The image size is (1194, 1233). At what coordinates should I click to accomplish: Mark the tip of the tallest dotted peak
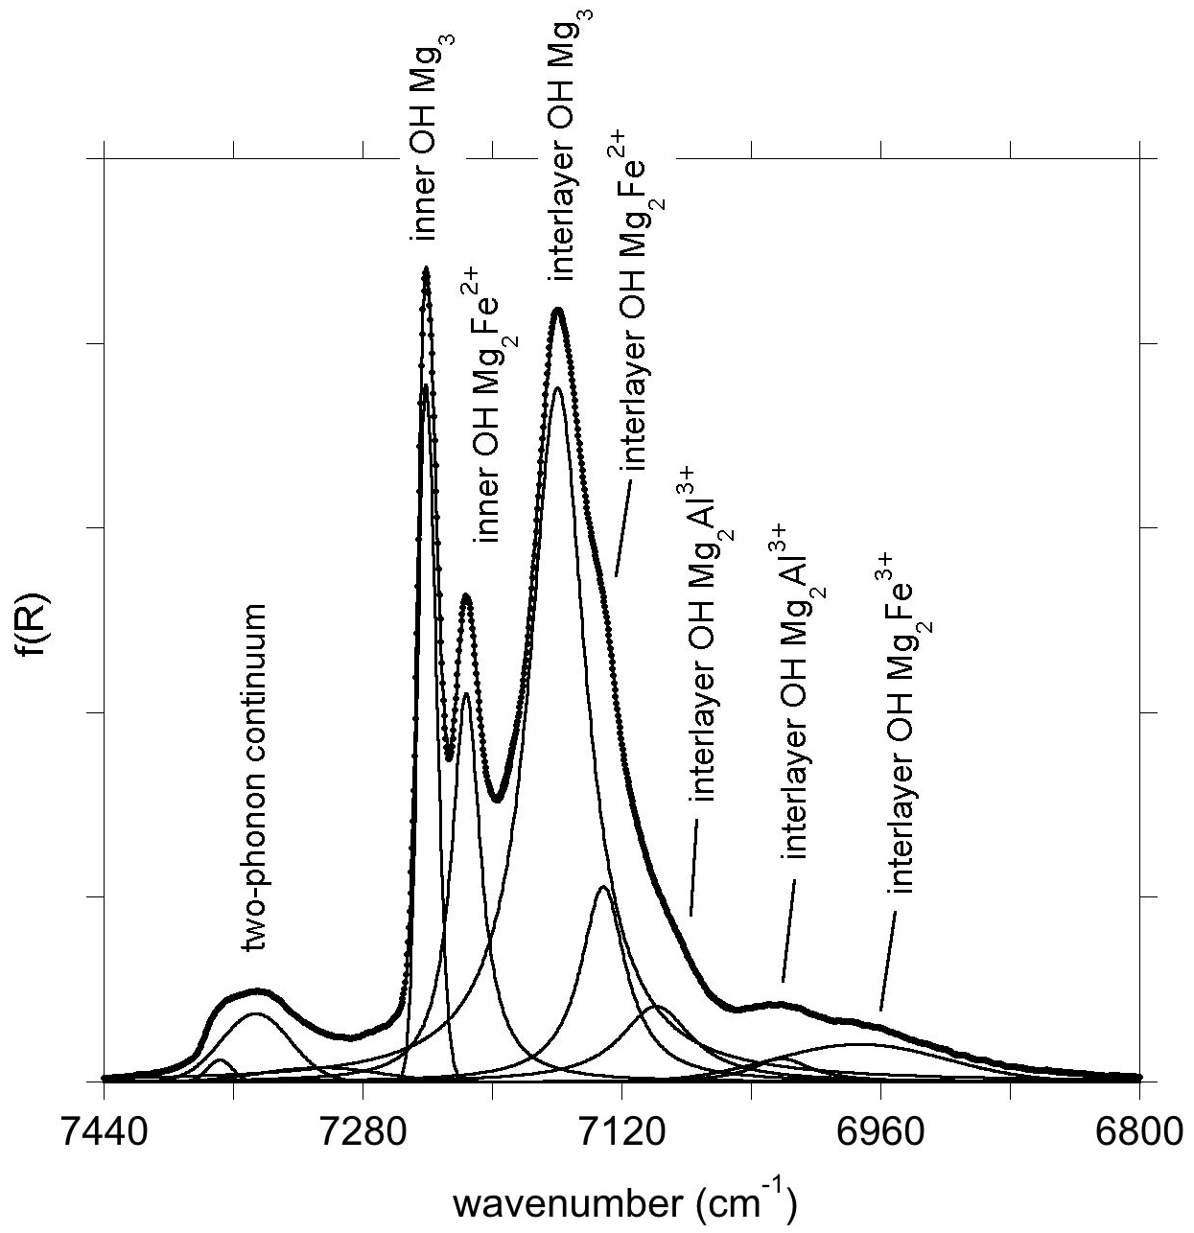click(426, 269)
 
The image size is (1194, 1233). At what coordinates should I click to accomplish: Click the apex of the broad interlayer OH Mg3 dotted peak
click(558, 309)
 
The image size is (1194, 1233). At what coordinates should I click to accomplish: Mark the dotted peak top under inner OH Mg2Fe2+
click(466, 595)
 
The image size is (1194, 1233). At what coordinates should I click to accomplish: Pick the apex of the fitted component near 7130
click(603, 887)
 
